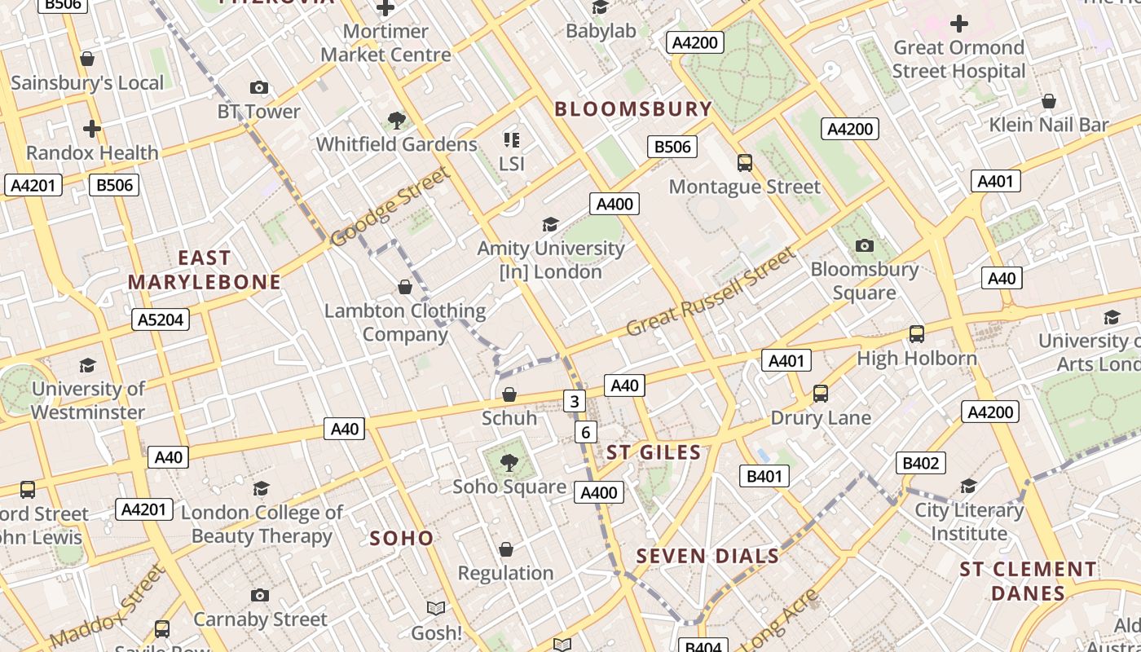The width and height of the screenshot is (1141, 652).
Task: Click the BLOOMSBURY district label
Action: point(633,109)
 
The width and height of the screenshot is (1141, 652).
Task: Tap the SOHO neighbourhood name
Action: point(402,538)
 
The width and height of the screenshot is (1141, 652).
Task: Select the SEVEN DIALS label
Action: point(707,557)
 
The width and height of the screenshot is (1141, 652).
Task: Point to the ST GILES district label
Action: point(654,452)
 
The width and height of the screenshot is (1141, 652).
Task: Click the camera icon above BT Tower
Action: point(259,87)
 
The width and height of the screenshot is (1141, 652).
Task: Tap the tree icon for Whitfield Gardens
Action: point(397,121)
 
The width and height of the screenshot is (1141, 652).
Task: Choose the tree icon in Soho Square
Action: point(509,463)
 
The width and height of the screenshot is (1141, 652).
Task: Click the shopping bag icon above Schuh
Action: point(509,394)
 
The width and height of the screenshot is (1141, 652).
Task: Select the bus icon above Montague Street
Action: point(745,163)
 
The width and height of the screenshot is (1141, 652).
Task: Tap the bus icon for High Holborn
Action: point(917,333)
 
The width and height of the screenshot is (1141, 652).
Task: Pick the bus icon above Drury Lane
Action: point(821,394)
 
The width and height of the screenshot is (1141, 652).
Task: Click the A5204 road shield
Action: point(161,319)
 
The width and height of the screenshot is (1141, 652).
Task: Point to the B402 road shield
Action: point(920,463)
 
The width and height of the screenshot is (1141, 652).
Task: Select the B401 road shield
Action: point(764,476)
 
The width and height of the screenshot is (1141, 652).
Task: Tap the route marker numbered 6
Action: point(585,432)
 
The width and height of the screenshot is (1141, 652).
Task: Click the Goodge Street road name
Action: point(391,206)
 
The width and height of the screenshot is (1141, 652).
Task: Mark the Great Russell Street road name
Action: point(711,293)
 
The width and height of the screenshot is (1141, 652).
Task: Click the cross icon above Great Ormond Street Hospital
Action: point(959,24)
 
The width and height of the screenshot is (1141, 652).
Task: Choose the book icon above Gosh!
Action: point(436,608)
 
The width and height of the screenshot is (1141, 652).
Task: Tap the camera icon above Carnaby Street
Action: point(260,595)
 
